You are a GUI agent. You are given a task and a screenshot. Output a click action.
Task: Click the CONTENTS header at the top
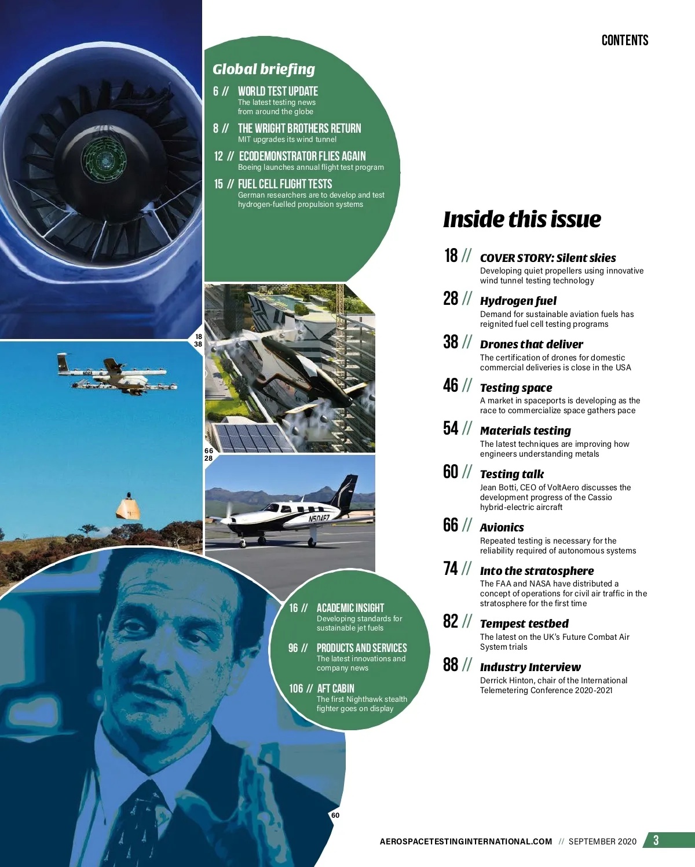click(x=624, y=40)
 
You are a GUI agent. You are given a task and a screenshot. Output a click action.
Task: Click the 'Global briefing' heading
click(x=264, y=69)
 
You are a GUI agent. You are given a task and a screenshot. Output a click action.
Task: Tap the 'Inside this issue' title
click(x=522, y=219)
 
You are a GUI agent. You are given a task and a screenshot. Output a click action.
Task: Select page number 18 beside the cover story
click(x=451, y=256)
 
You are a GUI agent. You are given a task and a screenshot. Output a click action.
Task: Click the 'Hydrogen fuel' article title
click(x=518, y=301)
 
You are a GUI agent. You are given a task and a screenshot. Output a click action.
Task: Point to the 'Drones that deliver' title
click(x=531, y=344)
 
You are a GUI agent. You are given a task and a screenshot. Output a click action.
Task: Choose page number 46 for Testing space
click(x=451, y=385)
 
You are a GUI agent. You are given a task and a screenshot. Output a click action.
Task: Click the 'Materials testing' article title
click(x=525, y=431)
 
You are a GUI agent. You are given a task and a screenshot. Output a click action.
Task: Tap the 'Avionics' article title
click(x=502, y=527)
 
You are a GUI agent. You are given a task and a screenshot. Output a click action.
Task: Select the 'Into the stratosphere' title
click(x=536, y=571)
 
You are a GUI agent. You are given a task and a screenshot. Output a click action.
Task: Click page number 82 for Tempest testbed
click(x=451, y=621)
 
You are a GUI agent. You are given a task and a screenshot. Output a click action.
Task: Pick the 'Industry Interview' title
click(x=530, y=667)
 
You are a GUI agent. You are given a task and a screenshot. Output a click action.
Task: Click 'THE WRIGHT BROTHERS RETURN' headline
click(x=299, y=128)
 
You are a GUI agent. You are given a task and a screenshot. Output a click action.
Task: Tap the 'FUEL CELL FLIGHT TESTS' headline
click(x=284, y=184)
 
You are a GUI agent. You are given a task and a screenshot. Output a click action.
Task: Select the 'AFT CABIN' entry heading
click(x=335, y=688)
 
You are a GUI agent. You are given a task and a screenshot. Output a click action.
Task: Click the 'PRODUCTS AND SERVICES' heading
click(x=361, y=648)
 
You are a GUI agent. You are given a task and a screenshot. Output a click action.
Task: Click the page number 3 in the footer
click(x=656, y=840)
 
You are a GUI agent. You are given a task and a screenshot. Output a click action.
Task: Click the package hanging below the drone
click(x=128, y=507)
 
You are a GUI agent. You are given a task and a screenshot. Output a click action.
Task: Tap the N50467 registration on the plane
click(x=319, y=519)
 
